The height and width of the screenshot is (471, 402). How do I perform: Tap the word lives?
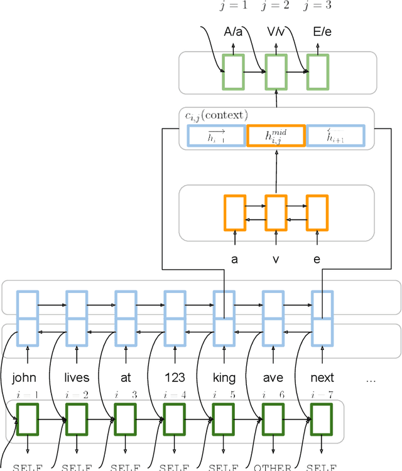coord(77,378)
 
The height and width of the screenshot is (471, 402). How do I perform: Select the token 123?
coord(175,378)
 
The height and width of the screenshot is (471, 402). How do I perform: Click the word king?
coord(224,378)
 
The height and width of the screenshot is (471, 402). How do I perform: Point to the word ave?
coord(273,378)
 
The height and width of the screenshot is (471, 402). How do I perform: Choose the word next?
coord(322,378)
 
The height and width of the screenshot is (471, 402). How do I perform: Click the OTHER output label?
coord(273,467)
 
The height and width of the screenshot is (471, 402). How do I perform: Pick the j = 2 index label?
coord(276,6)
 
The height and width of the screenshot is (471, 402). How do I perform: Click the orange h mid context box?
coord(276,136)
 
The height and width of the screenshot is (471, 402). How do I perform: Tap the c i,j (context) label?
coord(215,115)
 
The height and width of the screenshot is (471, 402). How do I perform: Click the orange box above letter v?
coord(276,213)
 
